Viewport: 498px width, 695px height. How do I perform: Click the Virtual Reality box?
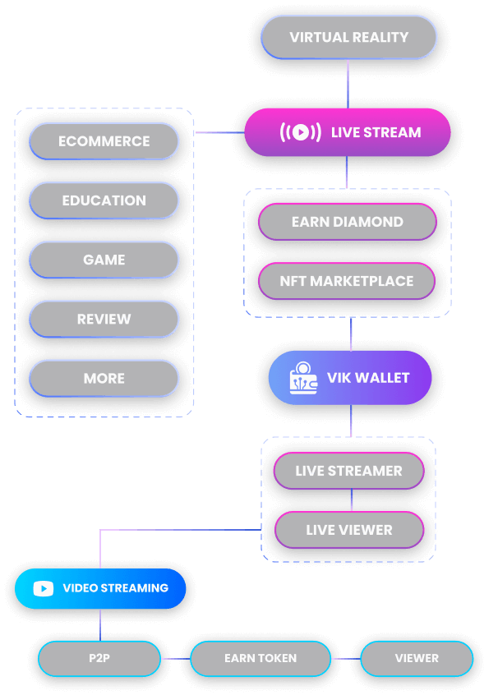coord(348,38)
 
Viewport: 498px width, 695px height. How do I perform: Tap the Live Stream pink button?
coord(348,132)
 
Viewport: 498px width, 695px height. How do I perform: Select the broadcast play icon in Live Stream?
coord(301,132)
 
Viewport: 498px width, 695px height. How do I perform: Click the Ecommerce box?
coord(104,141)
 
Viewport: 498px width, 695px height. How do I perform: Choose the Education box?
coord(104,200)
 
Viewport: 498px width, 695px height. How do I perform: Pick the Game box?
coord(104,260)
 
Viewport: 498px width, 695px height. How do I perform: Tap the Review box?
coord(104,319)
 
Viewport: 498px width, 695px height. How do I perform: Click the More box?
coord(104,379)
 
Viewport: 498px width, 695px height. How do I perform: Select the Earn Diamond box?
coord(347,222)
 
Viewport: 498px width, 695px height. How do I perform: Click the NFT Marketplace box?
coord(347,281)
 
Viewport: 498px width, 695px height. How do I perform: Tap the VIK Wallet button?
coord(350,378)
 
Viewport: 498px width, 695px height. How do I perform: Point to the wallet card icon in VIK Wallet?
coord(304,379)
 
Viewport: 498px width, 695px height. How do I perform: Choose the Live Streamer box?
coord(348,472)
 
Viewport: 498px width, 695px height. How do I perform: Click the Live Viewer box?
coord(348,531)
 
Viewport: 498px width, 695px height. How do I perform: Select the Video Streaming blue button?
coord(100,588)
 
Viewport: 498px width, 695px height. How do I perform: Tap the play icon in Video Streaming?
coord(44,589)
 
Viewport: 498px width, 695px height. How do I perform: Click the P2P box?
coord(99,658)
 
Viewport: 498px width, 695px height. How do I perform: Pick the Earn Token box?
coord(260,658)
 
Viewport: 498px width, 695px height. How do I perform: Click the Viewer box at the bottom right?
coord(417,658)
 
